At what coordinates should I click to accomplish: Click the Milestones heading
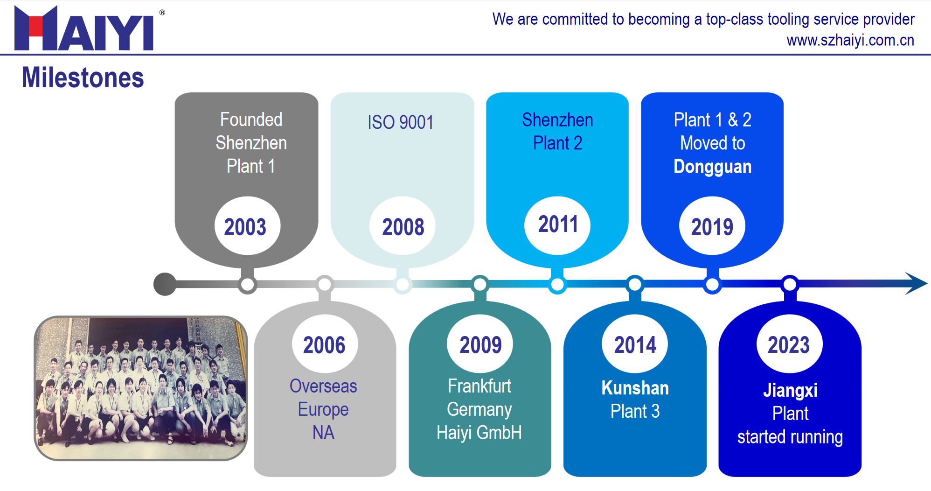point(83,77)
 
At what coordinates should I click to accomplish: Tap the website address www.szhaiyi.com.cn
point(850,41)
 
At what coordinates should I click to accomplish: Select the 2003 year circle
point(247,226)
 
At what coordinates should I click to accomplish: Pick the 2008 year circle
point(403,226)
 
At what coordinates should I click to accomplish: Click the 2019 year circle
point(712,226)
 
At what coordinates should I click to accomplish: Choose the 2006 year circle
point(325,344)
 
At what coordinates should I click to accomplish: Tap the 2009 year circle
point(480,344)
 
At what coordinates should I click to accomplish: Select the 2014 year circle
point(635,344)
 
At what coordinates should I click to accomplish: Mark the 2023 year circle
point(790,344)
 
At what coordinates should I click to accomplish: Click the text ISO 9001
point(401,122)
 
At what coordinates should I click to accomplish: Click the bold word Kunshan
point(635,388)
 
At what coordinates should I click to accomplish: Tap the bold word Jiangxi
point(790,391)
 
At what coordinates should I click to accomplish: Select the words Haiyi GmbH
point(479,433)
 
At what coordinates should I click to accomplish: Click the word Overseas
point(323,386)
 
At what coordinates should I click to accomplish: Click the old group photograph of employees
point(141,388)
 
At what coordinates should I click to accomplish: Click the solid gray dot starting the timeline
point(165,284)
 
